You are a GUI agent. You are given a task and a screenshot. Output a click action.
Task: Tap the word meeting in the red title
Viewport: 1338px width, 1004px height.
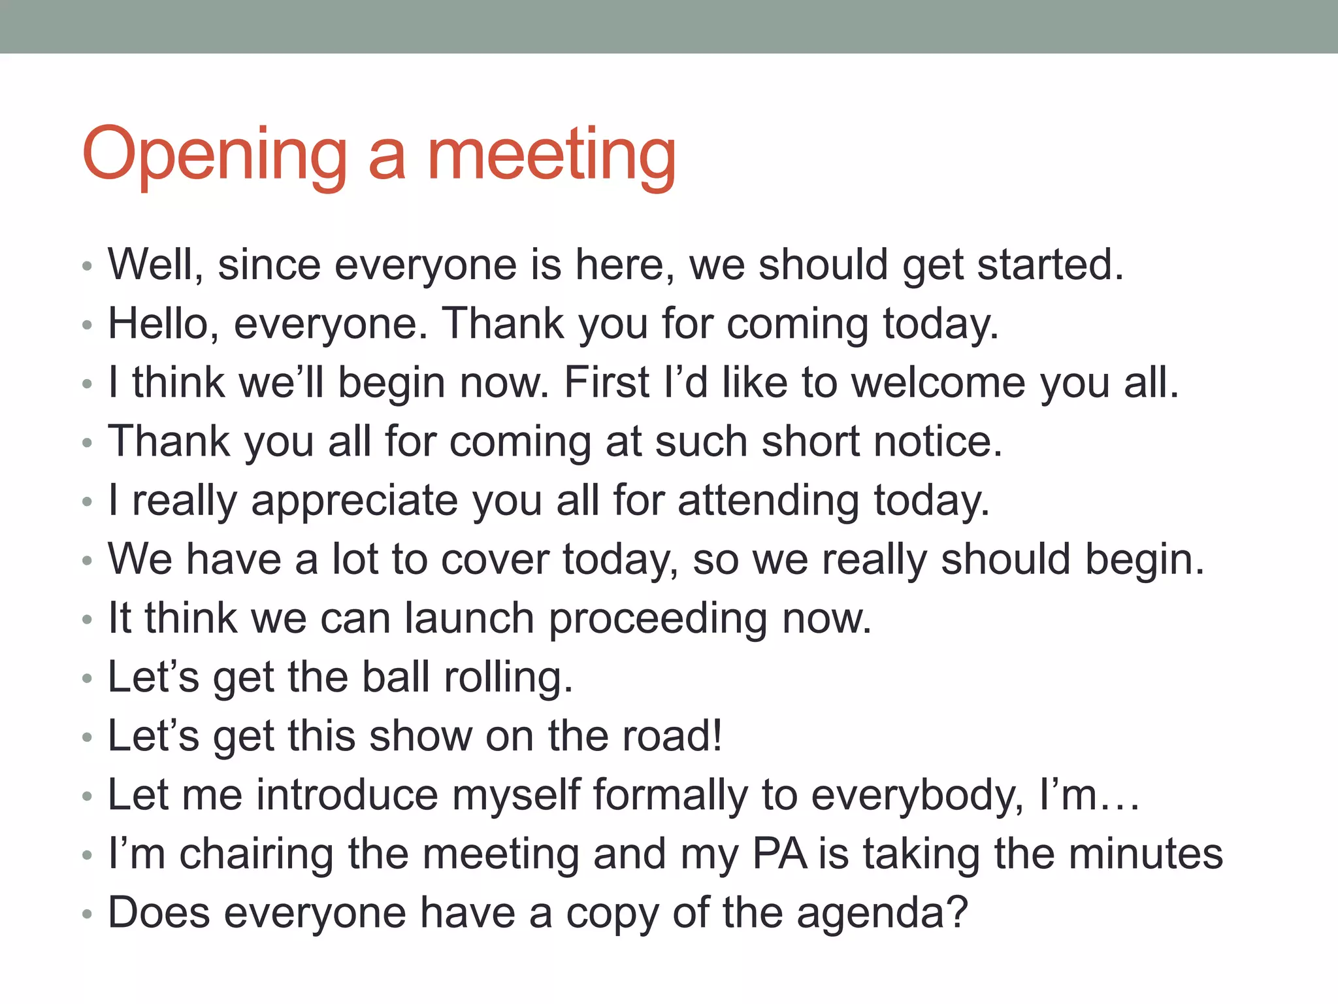[x=551, y=156]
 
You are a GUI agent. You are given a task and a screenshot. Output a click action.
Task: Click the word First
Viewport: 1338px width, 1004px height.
[x=607, y=382]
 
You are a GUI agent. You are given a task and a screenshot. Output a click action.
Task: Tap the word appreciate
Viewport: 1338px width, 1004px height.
[x=355, y=501]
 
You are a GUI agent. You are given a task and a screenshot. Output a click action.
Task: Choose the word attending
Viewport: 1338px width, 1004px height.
[x=768, y=501]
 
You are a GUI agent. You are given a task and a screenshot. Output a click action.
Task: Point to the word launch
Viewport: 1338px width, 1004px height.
[x=469, y=618]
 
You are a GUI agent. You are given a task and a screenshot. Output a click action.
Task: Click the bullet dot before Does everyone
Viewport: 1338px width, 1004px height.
[x=88, y=914]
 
